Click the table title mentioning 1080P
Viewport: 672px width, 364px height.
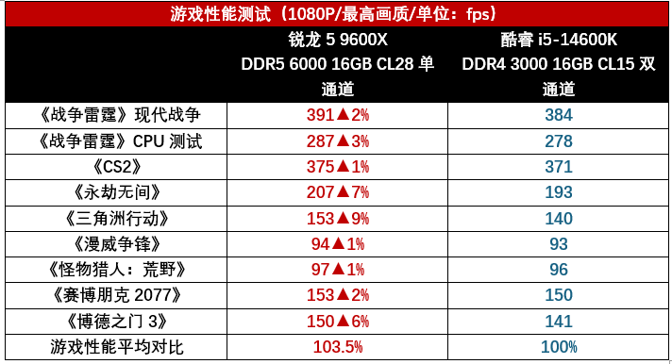click(333, 14)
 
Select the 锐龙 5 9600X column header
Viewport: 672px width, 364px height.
click(338, 64)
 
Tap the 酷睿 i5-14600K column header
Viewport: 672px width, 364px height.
click(559, 64)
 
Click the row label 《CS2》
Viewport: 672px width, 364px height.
click(117, 167)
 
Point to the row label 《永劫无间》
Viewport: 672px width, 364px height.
click(117, 192)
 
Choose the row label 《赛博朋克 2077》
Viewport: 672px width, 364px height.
click(117, 295)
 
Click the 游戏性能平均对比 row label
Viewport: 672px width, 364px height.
click(117, 347)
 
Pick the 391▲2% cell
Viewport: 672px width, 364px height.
click(338, 115)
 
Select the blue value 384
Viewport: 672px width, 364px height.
click(559, 115)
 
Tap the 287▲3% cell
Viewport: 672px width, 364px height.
click(338, 141)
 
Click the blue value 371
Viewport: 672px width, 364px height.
click(559, 167)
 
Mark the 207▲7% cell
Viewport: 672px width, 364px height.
click(338, 192)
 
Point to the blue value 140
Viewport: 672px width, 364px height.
click(559, 219)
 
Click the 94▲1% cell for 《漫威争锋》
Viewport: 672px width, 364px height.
click(338, 244)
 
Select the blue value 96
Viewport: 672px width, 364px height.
click(559, 270)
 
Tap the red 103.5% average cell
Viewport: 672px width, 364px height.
click(338, 347)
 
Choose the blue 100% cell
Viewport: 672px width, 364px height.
click(559, 347)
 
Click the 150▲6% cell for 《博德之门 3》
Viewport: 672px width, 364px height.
click(338, 322)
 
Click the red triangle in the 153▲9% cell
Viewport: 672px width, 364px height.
click(343, 219)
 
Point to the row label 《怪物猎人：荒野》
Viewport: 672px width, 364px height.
click(117, 270)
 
